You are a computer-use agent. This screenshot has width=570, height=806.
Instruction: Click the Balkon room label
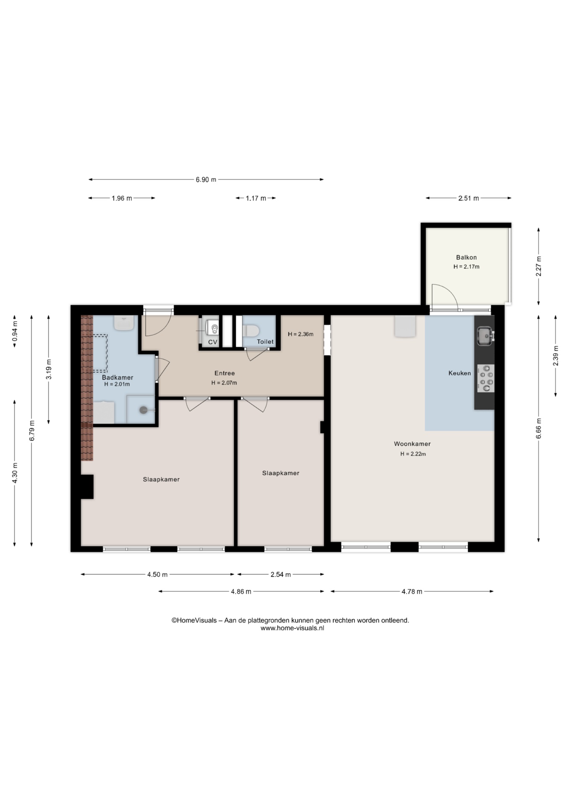point(466,257)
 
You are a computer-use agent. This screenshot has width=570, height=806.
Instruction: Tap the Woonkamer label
point(412,444)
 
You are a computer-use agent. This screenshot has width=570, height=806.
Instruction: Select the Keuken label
point(460,373)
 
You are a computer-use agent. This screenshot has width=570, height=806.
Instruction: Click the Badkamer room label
point(118,377)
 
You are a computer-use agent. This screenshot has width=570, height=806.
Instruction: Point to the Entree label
point(225,373)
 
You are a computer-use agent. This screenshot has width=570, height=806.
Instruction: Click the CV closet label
point(213,342)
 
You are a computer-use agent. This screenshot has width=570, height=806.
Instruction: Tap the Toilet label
point(265,342)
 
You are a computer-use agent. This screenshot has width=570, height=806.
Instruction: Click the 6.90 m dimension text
point(206,180)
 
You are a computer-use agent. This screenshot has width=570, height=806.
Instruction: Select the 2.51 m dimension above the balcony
point(468,198)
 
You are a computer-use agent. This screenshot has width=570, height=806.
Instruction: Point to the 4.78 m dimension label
point(412,591)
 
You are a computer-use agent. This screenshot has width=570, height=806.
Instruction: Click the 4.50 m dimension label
point(157,574)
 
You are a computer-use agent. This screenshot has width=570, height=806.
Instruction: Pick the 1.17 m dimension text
point(256,198)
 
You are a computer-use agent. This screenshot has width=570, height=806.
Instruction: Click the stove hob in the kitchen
point(486,378)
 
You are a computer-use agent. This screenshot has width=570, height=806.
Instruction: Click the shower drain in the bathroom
point(144,410)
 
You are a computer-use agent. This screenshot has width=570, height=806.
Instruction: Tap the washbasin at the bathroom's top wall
point(124,323)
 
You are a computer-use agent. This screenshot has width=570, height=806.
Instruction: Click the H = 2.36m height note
point(301,334)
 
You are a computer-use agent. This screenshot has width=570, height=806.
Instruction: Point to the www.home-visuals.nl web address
point(292,628)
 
